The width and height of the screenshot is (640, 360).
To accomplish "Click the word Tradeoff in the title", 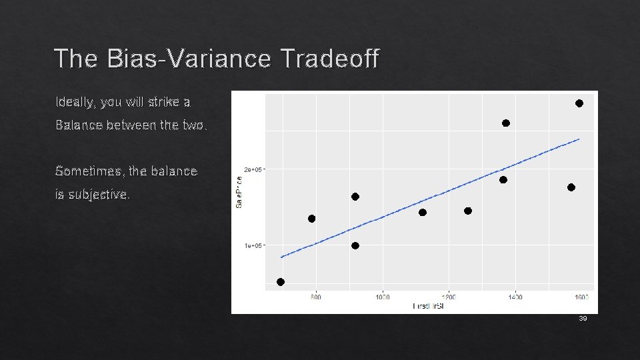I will click(x=330, y=59).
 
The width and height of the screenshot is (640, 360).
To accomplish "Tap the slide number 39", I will click(x=583, y=319).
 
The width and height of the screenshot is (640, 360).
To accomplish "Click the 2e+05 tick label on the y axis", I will click(x=253, y=169).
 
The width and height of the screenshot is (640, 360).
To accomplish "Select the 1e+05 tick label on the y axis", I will click(x=253, y=245).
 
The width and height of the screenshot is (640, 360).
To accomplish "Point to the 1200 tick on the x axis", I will click(x=449, y=297).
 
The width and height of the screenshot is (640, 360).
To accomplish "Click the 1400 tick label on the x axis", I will click(x=515, y=297).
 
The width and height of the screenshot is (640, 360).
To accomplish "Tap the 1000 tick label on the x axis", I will click(x=382, y=297).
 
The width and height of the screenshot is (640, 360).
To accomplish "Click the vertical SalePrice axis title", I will click(x=239, y=191).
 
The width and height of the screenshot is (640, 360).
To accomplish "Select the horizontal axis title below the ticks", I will click(x=429, y=306).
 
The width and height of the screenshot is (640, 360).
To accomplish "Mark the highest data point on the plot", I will click(x=579, y=103).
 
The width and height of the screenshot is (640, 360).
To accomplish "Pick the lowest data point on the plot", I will click(x=281, y=282).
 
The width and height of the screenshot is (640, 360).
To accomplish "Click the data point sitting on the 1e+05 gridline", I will click(x=355, y=246).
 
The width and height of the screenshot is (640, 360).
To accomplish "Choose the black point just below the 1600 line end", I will click(x=571, y=187).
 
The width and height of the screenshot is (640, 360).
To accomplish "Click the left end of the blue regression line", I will click(x=281, y=257).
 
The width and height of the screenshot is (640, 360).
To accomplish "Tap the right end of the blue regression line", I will click(x=579, y=139).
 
